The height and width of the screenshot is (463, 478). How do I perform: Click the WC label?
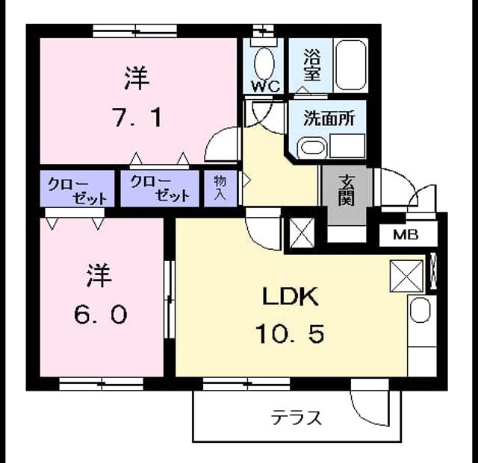pyautogui.click(x=266, y=86)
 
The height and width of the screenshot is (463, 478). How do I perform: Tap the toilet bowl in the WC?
pyautogui.click(x=264, y=65)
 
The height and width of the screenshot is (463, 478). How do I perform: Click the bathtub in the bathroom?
pyautogui.click(x=351, y=65)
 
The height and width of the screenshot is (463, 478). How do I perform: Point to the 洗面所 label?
pyautogui.click(x=329, y=118)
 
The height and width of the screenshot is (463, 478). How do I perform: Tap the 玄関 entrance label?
pyautogui.click(x=347, y=191)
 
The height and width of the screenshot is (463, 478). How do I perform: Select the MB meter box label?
pyautogui.click(x=406, y=234)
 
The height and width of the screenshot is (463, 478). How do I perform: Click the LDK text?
pyautogui.click(x=291, y=297)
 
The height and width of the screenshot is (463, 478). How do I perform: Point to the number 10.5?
pyautogui.click(x=290, y=333)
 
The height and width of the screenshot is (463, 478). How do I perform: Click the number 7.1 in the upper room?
pyautogui.click(x=137, y=117)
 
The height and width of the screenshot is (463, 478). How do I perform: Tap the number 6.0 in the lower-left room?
pyautogui.click(x=101, y=315)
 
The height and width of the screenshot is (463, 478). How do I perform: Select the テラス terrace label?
pyautogui.click(x=296, y=418)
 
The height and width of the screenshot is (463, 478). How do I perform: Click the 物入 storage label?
pyautogui.click(x=220, y=188)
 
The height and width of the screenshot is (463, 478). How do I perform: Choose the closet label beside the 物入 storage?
pyautogui.click(x=160, y=189)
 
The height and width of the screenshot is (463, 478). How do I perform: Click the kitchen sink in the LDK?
pyautogui.click(x=420, y=309)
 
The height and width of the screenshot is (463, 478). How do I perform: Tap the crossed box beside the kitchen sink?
pyautogui.click(x=406, y=277)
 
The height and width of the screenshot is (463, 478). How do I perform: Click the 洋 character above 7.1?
pyautogui.click(x=137, y=78)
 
